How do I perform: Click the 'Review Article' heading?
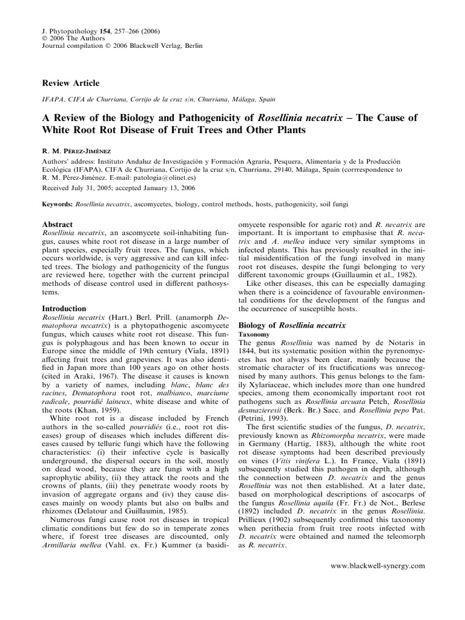(x=70, y=83)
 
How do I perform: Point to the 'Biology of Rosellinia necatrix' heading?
(x=292, y=325)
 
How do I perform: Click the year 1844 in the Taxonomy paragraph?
(x=251, y=351)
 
